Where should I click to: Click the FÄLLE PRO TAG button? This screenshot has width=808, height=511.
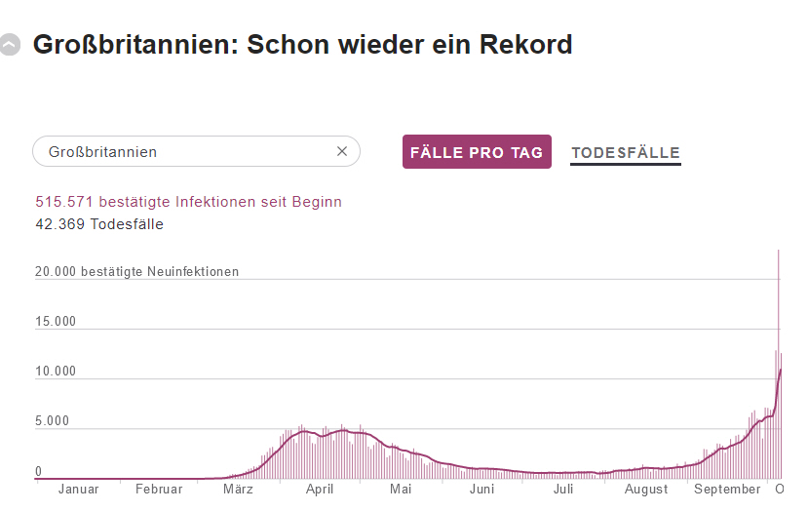tap(477, 152)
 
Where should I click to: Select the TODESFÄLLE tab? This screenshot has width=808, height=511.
tap(626, 152)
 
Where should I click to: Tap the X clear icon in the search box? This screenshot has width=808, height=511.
tap(342, 151)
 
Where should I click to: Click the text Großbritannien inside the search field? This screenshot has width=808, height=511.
tap(102, 152)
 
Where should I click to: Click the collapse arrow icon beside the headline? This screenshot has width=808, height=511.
tap(11, 45)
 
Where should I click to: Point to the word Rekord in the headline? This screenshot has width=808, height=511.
tap(526, 45)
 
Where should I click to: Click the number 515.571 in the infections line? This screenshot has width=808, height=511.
tap(62, 202)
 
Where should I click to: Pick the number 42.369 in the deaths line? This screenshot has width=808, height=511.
tap(60, 224)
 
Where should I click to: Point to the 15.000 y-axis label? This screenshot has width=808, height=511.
tap(56, 322)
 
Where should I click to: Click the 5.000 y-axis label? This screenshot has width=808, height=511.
tap(52, 421)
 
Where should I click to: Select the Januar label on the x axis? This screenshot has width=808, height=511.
tap(79, 489)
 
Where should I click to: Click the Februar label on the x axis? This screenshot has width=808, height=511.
tap(159, 489)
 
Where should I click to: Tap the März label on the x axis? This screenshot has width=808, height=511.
tap(238, 489)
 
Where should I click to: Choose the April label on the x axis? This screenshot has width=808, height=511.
tap(320, 489)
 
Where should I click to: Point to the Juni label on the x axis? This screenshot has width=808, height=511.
tap(481, 489)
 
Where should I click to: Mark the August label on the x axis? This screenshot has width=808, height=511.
tap(646, 489)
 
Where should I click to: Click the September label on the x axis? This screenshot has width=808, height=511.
tap(727, 489)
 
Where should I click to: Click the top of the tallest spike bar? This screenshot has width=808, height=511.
tap(778, 252)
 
